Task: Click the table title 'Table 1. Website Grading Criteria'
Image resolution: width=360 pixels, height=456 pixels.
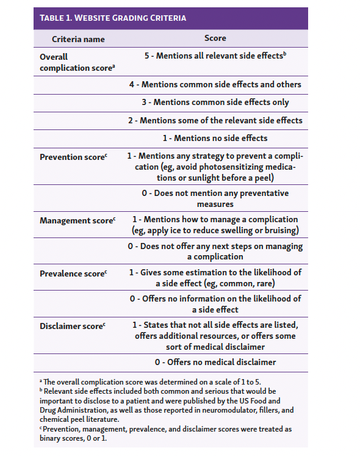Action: coord(113,18)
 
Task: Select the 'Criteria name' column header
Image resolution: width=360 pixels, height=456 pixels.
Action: coord(78,39)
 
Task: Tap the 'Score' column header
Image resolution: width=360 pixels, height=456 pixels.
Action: coord(215,38)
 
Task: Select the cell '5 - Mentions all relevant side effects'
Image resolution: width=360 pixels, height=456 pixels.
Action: coord(215,56)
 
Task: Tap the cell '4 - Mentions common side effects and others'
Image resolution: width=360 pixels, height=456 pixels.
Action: coord(215,84)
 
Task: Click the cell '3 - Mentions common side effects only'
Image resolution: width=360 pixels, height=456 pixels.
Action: coord(215,103)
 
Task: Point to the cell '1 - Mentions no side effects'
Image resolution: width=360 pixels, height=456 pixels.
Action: coord(215,139)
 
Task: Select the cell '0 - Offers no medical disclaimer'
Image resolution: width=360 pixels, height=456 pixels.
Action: coord(215,362)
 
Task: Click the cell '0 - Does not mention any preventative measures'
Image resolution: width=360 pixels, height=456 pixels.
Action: coord(215,198)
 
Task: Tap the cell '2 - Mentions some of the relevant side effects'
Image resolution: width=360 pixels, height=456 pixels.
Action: coord(215,121)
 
